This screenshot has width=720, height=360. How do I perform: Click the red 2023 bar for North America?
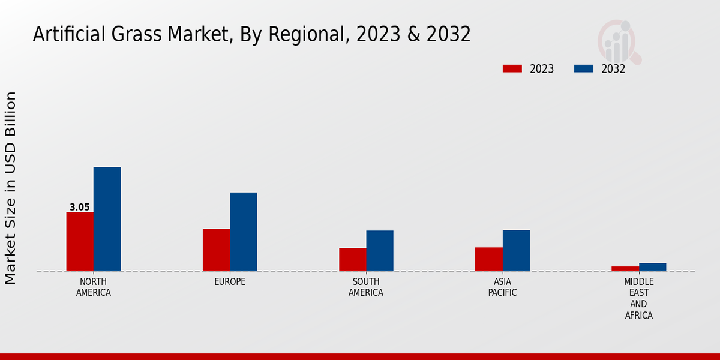(80, 241)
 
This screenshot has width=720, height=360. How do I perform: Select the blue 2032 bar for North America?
(107, 219)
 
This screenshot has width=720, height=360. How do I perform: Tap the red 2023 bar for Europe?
(216, 250)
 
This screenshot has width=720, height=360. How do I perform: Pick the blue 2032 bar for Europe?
(243, 232)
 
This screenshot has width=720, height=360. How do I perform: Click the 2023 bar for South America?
(352, 259)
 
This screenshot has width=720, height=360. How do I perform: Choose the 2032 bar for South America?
(380, 251)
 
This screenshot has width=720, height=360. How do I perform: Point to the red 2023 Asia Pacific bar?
(488, 259)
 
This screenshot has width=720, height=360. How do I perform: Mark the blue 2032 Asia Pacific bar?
(516, 250)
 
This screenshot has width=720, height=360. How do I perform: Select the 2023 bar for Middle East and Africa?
(625, 268)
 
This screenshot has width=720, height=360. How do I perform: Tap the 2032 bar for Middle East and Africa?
(652, 267)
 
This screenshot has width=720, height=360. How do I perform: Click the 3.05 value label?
(80, 208)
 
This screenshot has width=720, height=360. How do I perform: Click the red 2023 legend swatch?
(512, 68)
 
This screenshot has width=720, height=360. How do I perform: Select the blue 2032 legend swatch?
(583, 68)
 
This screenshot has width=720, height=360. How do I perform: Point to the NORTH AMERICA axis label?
(94, 287)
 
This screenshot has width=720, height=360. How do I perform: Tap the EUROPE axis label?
(230, 282)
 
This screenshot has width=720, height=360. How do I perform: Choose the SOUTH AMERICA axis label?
(366, 287)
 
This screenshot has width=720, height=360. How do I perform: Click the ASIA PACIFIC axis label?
(502, 287)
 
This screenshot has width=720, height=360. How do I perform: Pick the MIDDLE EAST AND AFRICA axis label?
(638, 298)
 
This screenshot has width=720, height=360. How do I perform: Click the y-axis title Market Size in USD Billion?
(11, 188)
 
